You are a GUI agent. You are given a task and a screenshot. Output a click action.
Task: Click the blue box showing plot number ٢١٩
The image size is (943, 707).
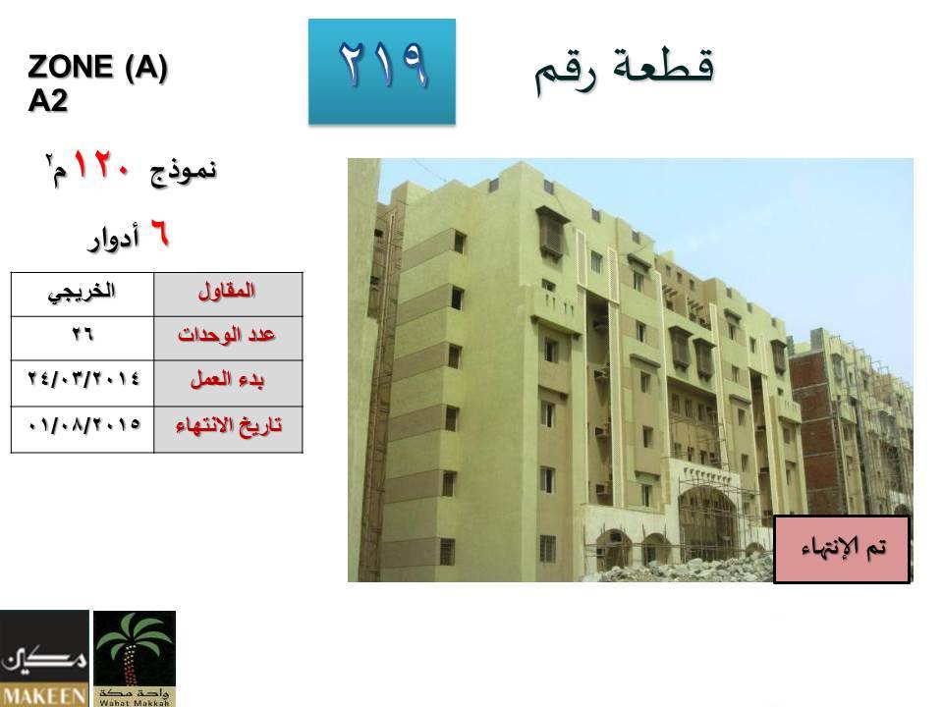pos(382,72)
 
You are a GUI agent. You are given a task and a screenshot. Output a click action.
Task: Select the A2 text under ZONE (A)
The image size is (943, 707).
pos(47,100)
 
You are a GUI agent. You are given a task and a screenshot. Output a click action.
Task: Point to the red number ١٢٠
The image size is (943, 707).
pos(101,165)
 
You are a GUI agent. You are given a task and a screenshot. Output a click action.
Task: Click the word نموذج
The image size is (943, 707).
pos(183,171)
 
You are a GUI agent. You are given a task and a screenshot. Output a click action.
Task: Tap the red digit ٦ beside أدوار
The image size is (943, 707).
pos(160,234)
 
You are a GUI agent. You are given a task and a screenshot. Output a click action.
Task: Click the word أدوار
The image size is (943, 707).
pos(114,238)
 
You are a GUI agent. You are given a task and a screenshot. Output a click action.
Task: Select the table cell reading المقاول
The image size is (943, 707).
pos(228,294)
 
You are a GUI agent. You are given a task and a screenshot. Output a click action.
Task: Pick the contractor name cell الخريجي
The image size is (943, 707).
pos(83,294)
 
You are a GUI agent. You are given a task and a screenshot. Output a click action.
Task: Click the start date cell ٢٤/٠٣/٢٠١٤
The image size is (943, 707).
pos(83,383)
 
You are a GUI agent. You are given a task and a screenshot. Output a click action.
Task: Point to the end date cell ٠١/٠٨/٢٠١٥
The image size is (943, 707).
pos(83,429)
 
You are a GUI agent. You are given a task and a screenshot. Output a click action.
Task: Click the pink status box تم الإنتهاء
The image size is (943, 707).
pos(842,549)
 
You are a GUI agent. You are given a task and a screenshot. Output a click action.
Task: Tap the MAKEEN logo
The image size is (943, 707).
pos(44,658)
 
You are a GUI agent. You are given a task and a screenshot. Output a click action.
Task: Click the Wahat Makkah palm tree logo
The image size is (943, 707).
pos(135,658)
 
